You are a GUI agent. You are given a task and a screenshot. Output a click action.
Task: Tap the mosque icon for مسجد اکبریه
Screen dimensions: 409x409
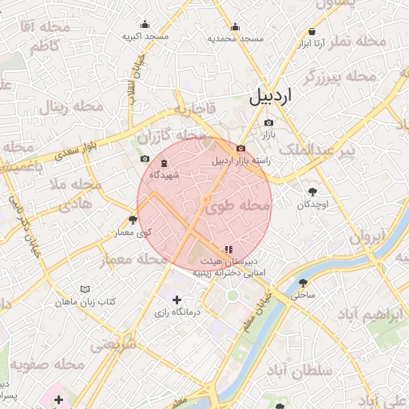point(145,24)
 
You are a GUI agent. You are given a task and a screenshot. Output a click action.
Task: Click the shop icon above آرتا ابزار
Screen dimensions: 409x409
point(311,32)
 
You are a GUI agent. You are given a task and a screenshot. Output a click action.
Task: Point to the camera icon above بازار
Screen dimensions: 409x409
point(268,123)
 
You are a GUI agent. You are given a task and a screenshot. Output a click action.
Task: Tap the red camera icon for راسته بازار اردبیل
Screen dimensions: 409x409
point(240,149)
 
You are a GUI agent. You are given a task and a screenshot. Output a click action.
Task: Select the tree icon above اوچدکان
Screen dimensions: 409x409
point(312,192)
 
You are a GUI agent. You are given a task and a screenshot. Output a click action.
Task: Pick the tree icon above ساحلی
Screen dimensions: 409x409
point(303,283)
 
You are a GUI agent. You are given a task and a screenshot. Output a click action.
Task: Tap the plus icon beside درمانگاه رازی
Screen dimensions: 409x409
point(177,299)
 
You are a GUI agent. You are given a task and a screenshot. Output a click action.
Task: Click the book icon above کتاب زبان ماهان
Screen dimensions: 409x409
point(86,288)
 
